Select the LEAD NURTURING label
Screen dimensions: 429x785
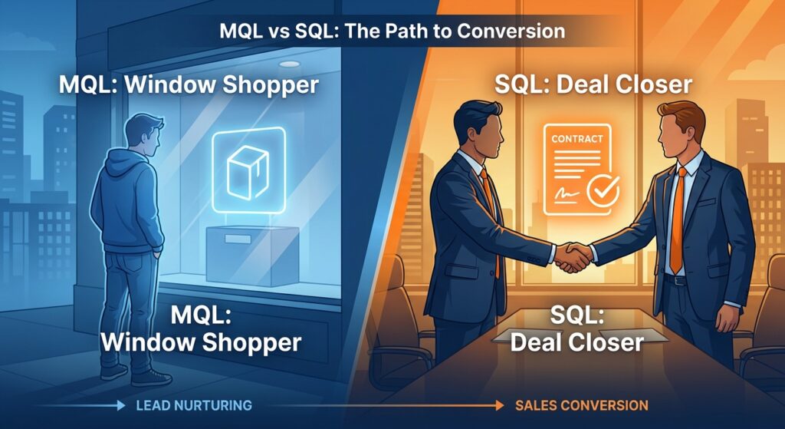click(x=194, y=404)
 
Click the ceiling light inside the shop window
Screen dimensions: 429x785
click(x=290, y=64)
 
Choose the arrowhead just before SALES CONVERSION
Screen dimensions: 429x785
click(x=499, y=404)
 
